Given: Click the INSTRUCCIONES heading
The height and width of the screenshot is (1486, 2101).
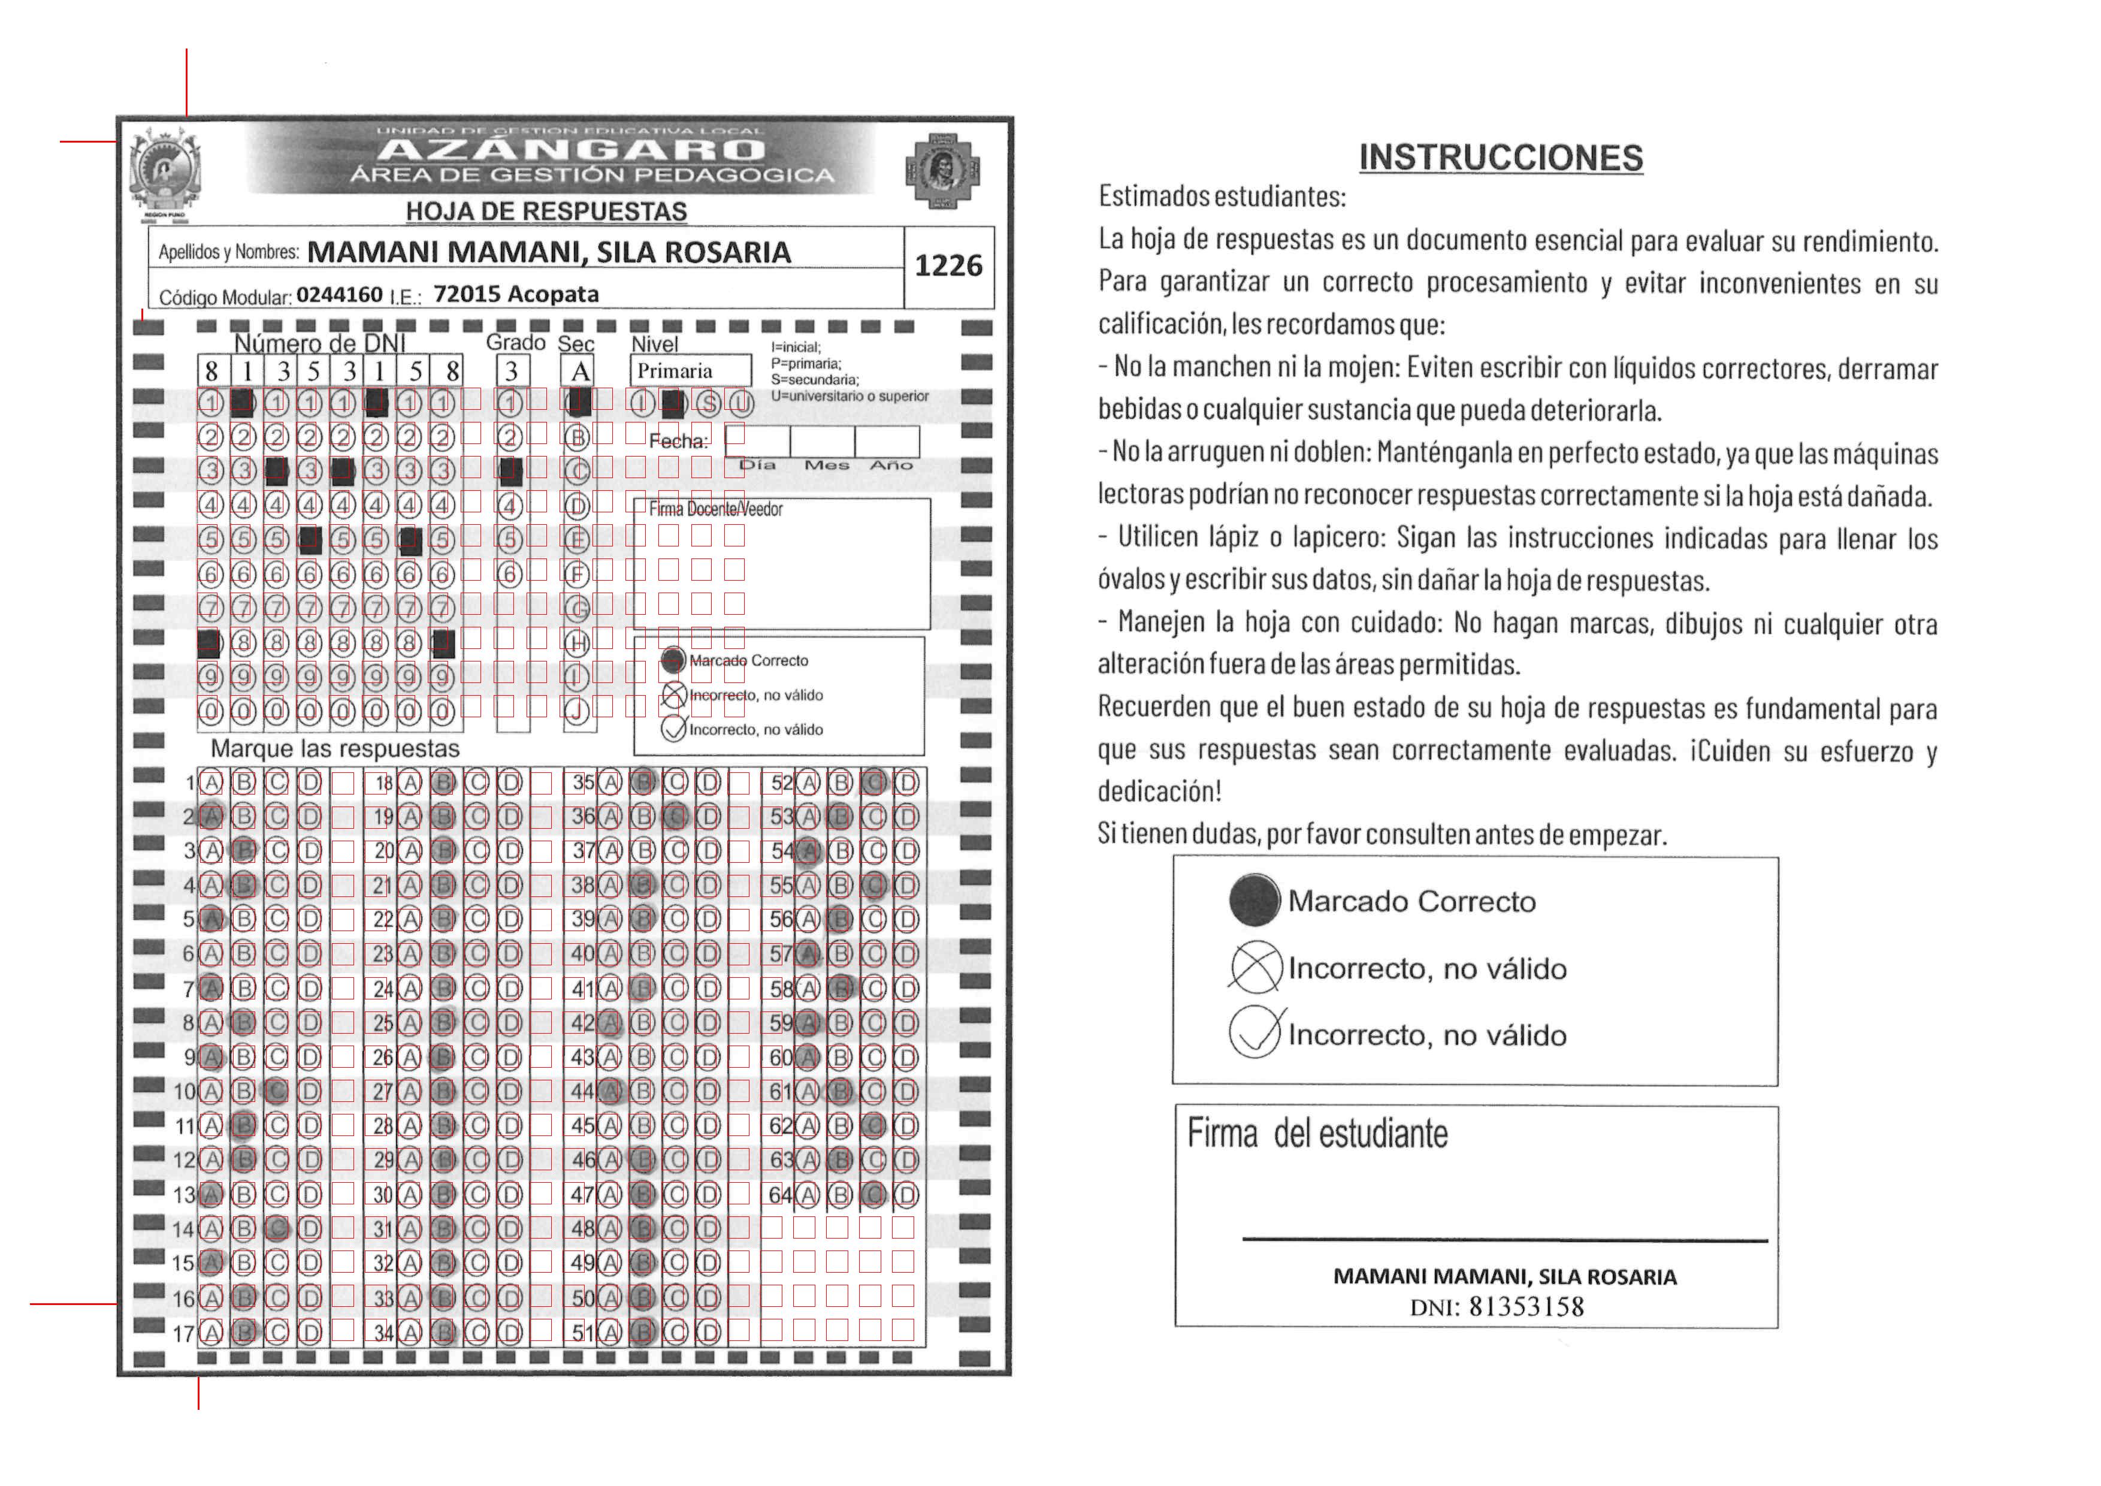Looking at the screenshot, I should click(x=1501, y=158).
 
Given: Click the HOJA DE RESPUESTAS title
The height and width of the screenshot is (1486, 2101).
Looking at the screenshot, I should click(x=546, y=212).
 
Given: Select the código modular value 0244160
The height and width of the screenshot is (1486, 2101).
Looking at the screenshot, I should click(x=340, y=295).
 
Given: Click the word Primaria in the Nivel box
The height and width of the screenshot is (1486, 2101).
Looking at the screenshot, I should click(x=675, y=370).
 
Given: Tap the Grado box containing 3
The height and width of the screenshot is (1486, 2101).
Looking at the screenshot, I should click(x=512, y=370).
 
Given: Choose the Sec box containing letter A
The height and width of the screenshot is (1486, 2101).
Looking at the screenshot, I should click(x=580, y=370).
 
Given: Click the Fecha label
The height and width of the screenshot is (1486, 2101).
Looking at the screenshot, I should click(x=678, y=441).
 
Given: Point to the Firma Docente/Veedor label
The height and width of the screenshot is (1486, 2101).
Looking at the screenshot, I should click(x=715, y=510).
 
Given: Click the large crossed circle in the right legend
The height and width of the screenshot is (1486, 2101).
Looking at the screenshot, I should click(x=1256, y=967).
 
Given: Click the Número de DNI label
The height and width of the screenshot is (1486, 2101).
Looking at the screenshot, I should click(x=319, y=343).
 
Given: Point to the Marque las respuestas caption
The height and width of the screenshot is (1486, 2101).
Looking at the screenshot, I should click(x=335, y=748).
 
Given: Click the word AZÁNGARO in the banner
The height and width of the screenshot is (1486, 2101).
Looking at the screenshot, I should click(x=570, y=149).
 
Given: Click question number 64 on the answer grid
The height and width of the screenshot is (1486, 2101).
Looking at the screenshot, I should click(x=779, y=1195).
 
